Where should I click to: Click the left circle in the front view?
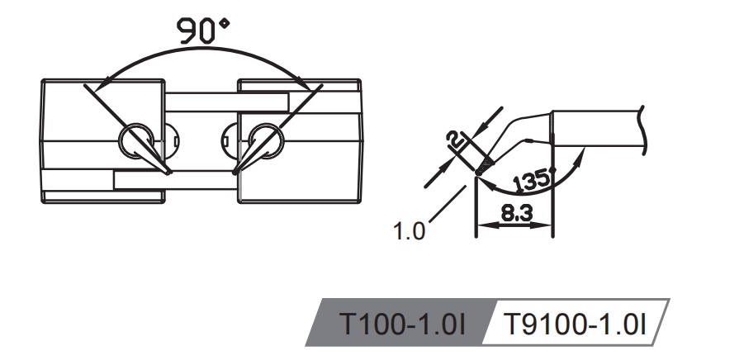pos(135,142)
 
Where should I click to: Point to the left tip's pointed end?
pos(170,173)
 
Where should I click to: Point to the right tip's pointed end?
pos(235,173)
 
